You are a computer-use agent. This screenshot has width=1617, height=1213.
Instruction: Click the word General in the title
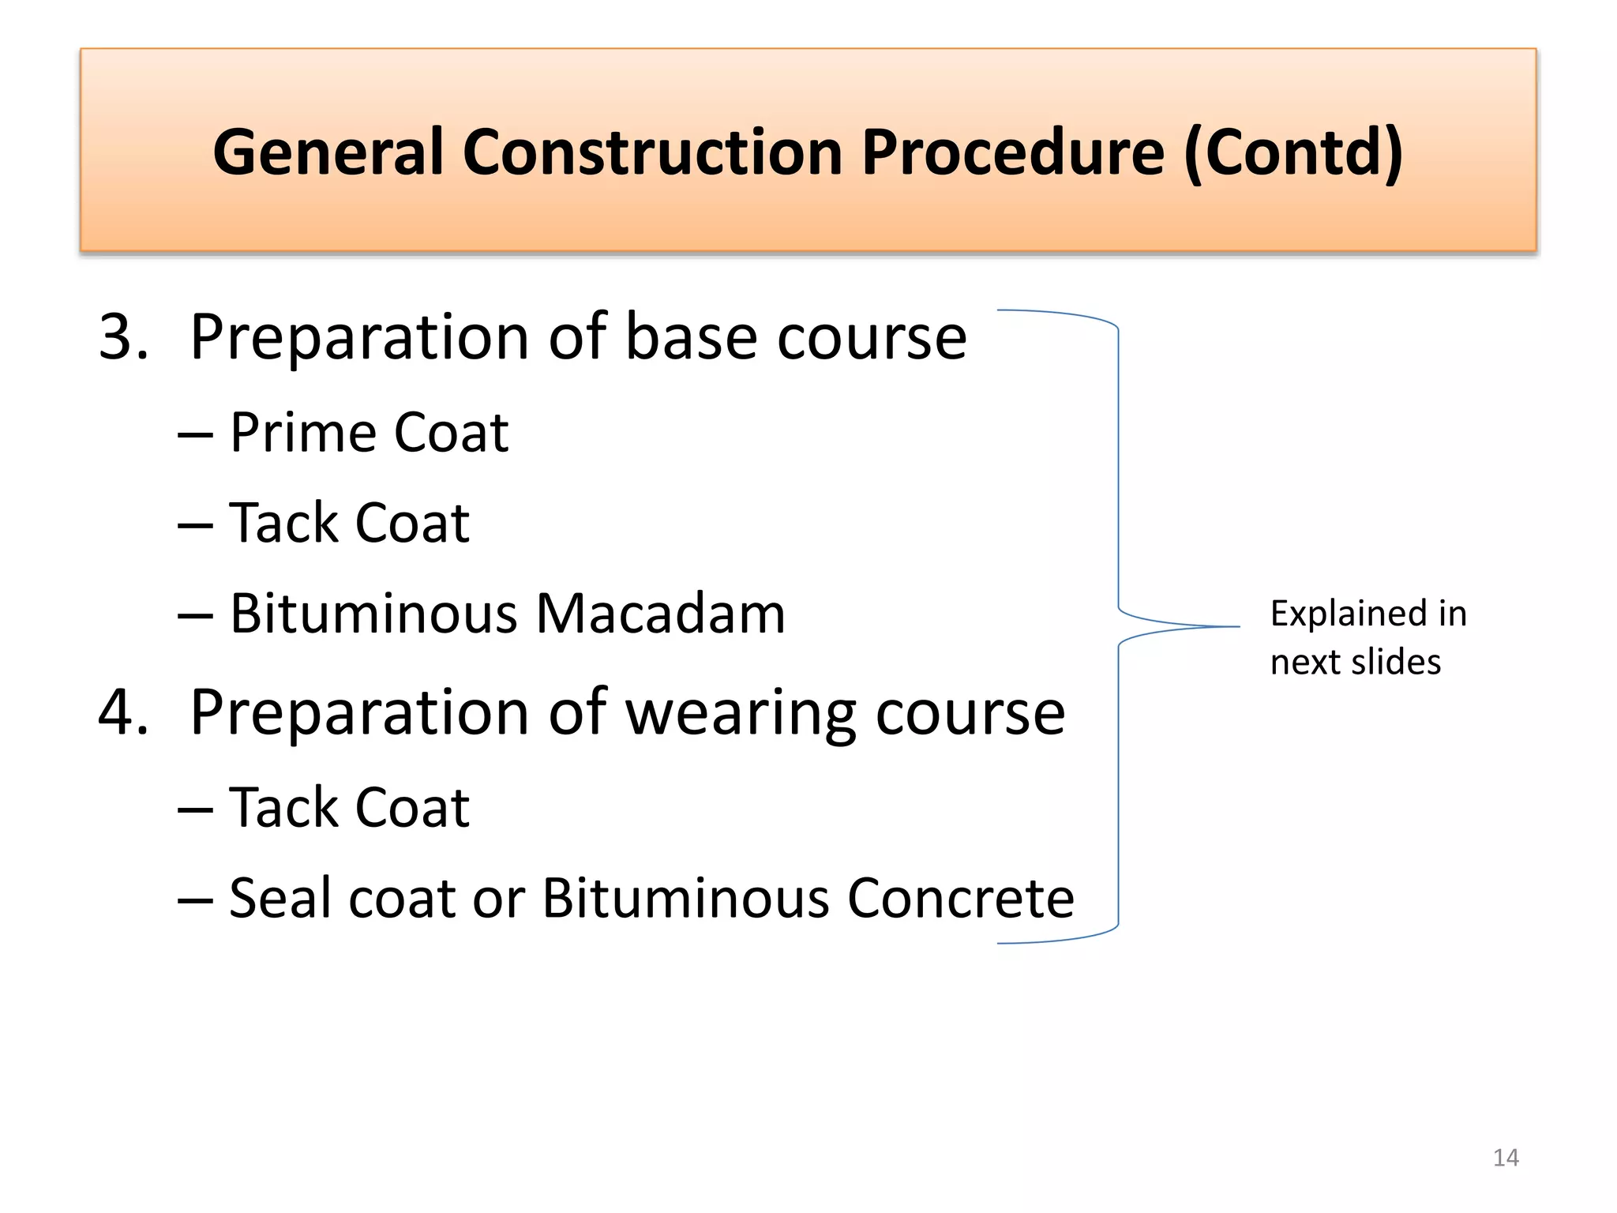click(x=327, y=152)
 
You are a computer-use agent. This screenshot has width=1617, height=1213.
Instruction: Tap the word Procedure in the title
click(x=1012, y=152)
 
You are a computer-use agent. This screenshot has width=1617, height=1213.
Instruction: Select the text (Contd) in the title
click(x=1293, y=152)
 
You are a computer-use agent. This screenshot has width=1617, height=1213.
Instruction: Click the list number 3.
click(x=123, y=337)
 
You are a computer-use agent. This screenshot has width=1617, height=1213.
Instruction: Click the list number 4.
click(x=123, y=712)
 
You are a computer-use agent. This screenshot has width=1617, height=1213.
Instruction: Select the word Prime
click(x=302, y=433)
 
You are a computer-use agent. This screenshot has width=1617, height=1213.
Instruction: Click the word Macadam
click(x=660, y=614)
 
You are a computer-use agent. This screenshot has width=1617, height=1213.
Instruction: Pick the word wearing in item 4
click(x=740, y=712)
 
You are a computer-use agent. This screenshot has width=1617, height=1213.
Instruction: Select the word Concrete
click(x=960, y=899)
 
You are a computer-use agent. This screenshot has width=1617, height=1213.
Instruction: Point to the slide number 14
click(x=1506, y=1158)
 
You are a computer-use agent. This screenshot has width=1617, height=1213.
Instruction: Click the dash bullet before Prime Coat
click(x=195, y=436)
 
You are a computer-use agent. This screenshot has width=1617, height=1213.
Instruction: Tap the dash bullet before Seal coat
click(x=195, y=901)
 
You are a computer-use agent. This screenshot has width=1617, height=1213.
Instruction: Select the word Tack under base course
click(x=283, y=523)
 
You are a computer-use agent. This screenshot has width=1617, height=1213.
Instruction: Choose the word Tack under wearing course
click(x=283, y=808)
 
